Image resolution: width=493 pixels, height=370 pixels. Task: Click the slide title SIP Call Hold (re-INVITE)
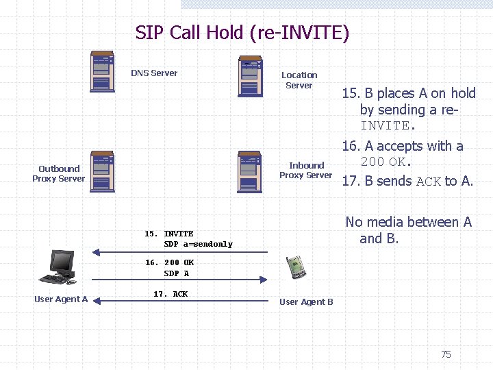pos(242,33)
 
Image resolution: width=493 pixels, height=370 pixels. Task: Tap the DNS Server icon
pos(103,71)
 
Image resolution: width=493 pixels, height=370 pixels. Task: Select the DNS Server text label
pos(154,73)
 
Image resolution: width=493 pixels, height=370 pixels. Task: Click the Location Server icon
pos(250,77)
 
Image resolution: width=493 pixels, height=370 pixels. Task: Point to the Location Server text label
pos(299,80)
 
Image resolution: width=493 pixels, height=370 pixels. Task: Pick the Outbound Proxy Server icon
pos(102,171)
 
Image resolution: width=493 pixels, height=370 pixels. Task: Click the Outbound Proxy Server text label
pos(59,173)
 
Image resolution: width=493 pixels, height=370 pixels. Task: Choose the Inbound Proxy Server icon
pos(250,171)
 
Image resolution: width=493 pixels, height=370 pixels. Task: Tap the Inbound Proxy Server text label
pos(305,170)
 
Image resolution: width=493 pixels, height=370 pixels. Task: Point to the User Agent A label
pos(61,299)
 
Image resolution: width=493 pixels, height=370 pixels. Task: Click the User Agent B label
pos(306,302)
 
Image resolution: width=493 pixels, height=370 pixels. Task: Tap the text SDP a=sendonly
pos(198,245)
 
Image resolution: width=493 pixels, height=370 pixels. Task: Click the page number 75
pos(446,354)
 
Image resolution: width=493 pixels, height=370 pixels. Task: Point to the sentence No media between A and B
pos(408,230)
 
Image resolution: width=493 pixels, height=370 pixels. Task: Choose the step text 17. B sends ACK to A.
pos(407,181)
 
